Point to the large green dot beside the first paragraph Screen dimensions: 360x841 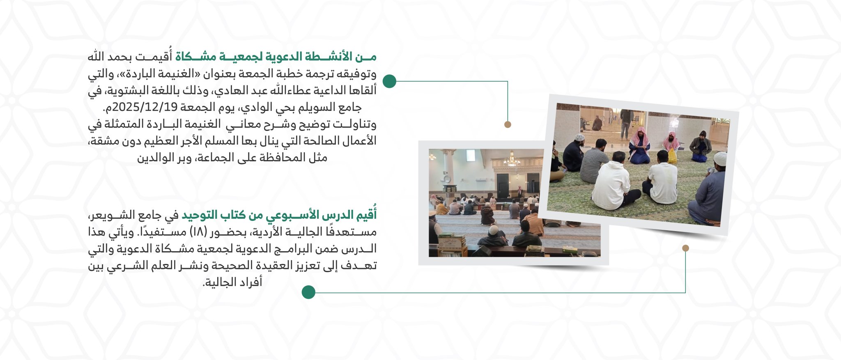[x=389, y=81]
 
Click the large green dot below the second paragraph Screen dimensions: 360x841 [x=308, y=292]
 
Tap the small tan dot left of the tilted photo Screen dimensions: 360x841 [x=508, y=124]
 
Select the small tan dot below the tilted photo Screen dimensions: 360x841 [x=685, y=248]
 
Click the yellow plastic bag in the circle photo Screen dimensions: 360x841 [x=672, y=156]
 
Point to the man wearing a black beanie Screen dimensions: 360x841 [x=701, y=146]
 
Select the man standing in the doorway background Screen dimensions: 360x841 [x=625, y=123]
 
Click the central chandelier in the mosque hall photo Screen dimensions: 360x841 [x=512, y=161]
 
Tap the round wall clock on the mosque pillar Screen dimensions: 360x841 [x=447, y=179]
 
